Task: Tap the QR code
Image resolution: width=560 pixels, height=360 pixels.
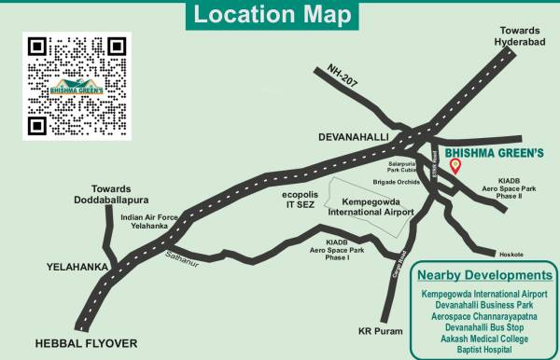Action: coord(77,88)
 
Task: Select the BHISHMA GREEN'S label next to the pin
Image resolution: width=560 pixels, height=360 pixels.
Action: coord(495,154)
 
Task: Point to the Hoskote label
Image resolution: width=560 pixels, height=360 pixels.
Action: coord(511,254)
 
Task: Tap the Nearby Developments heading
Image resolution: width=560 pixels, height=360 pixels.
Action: coord(483,275)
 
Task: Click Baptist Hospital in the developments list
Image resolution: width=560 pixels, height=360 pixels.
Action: coord(483,351)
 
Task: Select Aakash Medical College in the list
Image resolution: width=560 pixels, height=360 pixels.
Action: coord(483,339)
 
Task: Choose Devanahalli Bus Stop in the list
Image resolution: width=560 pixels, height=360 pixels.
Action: coord(483,328)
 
